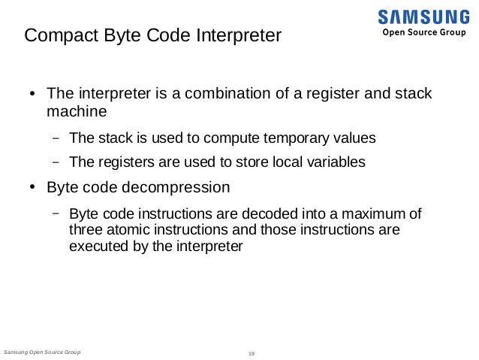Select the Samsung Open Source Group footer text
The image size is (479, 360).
[42, 352]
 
